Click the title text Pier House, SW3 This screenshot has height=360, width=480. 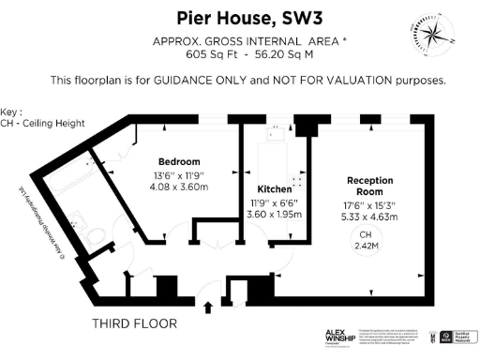(239, 18)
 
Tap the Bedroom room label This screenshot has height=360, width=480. (180, 161)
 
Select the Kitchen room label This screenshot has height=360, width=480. (263, 188)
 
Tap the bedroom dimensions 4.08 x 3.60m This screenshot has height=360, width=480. (180, 186)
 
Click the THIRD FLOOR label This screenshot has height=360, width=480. (134, 324)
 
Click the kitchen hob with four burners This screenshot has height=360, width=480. (298, 184)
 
